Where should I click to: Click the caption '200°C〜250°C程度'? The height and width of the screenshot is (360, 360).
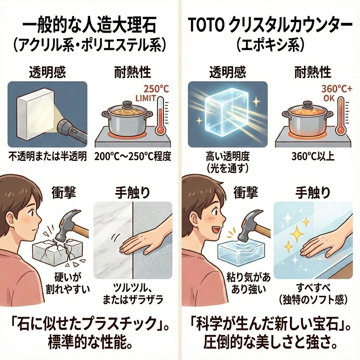[x=133, y=156]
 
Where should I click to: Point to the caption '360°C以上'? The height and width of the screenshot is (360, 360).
[x=313, y=156]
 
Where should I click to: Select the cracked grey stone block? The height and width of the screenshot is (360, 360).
[x=57, y=252]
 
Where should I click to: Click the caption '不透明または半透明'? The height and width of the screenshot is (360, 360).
[x=47, y=156]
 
